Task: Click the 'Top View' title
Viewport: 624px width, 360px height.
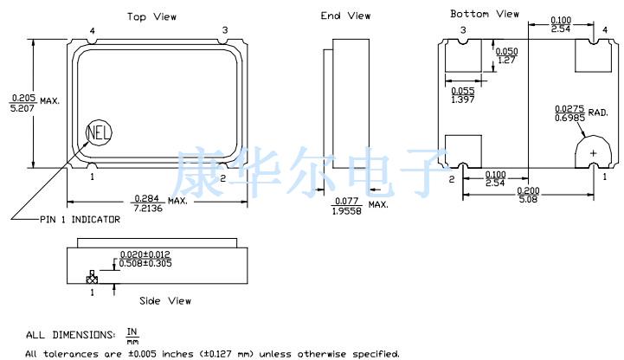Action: (x=151, y=16)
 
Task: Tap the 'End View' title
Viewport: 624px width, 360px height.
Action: (x=345, y=16)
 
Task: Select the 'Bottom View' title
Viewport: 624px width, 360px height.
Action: (x=485, y=14)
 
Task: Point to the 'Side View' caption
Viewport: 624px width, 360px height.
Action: (x=165, y=301)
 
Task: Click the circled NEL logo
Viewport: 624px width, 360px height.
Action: (x=99, y=132)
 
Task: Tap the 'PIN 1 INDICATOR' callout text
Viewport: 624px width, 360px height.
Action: (x=80, y=219)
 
